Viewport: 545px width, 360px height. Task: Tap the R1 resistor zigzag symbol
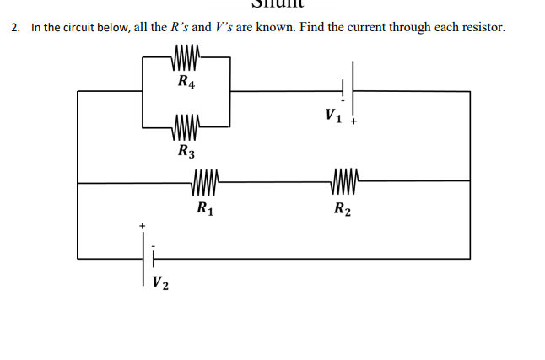click(x=207, y=180)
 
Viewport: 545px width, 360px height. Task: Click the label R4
click(x=186, y=82)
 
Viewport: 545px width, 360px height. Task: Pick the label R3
click(x=186, y=152)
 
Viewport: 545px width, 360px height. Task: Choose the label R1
click(x=205, y=207)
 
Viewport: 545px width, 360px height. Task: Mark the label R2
click(x=342, y=208)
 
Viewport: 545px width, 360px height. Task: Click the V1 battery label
click(x=333, y=113)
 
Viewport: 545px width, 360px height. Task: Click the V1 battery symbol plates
click(x=348, y=89)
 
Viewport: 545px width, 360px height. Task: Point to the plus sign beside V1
click(x=355, y=121)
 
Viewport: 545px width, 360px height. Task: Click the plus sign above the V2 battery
click(x=143, y=226)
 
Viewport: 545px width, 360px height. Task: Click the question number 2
click(x=15, y=28)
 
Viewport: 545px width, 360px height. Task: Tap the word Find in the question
click(x=311, y=28)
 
